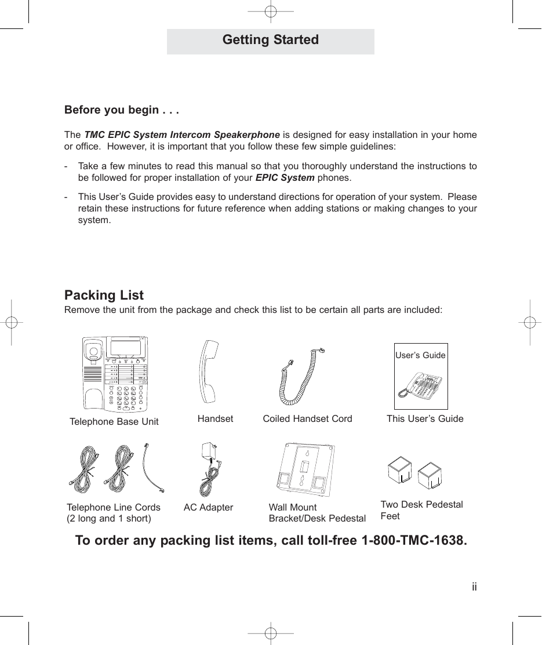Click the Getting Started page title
point(270,40)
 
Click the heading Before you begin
point(122,110)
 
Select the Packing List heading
point(104,295)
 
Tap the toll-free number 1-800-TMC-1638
point(413,540)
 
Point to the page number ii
point(474,587)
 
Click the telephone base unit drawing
point(115,374)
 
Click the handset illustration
point(208,371)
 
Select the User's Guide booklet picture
point(421,377)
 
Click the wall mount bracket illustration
point(305,470)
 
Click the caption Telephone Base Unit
point(114,422)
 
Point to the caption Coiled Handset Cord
point(307,419)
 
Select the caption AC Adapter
point(208,508)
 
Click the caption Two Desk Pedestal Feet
point(421,510)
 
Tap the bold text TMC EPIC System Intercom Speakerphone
point(182,135)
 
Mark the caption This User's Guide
point(425,419)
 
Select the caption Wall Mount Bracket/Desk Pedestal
point(317,513)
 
